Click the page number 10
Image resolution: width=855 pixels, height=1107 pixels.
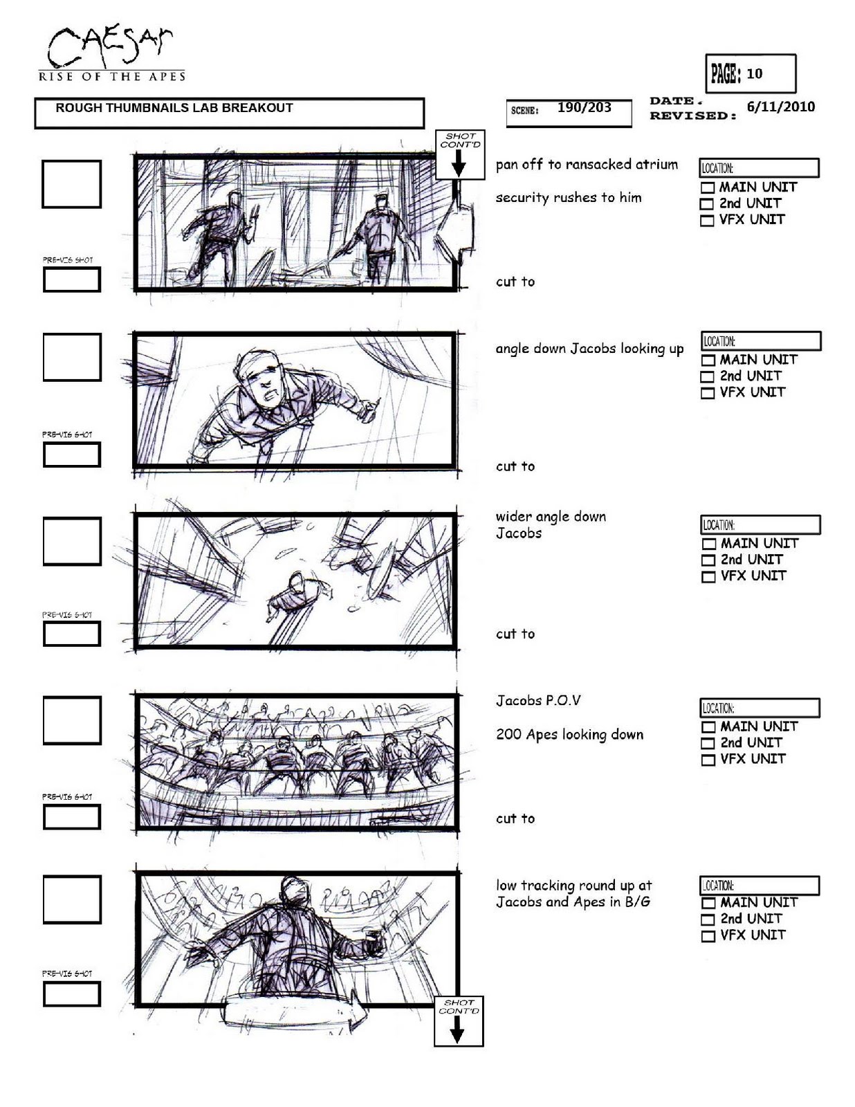coord(754,74)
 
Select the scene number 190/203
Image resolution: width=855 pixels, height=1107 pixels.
coord(584,107)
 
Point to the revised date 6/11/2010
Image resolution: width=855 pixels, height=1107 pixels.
coord(781,107)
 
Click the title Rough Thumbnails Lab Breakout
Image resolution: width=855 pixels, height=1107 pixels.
coord(174,108)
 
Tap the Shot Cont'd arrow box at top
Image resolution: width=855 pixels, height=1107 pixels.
coord(460,154)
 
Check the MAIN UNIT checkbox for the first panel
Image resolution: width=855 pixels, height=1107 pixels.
coord(708,187)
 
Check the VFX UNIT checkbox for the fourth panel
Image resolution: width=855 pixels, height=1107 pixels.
coord(708,760)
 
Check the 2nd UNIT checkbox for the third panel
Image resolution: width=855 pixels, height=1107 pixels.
coord(708,560)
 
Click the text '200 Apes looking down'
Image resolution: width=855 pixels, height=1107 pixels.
coord(570,735)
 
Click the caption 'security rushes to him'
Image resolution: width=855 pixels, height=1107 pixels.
coord(569,198)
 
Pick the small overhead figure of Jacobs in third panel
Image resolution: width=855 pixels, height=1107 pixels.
coord(300,594)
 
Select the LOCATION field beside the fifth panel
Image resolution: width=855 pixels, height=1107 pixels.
coord(760,886)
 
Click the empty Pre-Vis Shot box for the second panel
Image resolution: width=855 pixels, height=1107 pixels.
coord(71,455)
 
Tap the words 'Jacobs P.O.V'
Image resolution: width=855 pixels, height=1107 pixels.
coord(538,700)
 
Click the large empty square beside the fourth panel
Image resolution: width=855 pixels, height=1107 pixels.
coord(72,720)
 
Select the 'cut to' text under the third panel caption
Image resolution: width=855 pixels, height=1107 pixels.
coord(515,634)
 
